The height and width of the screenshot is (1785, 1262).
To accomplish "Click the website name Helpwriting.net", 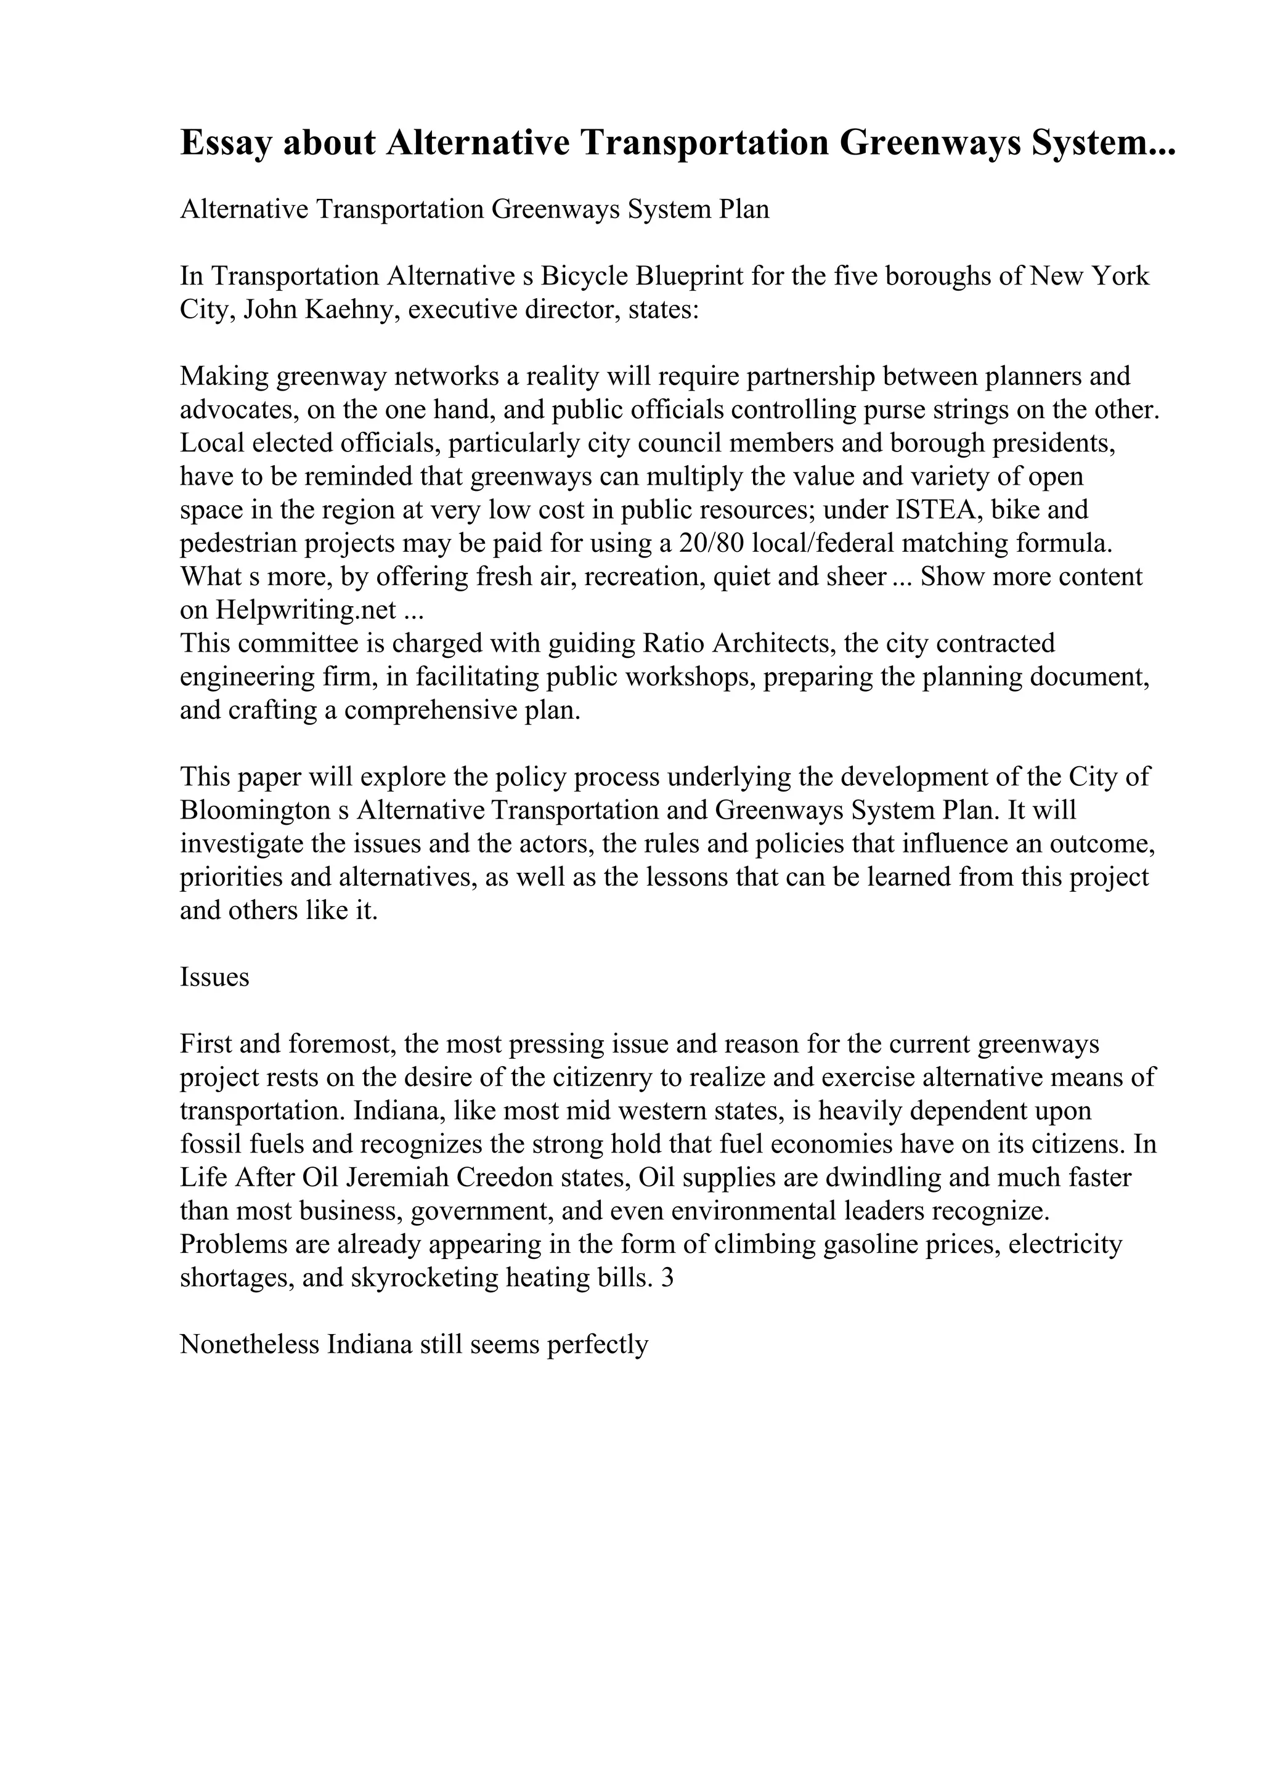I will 306,610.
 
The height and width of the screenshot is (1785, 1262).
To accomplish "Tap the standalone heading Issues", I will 214,977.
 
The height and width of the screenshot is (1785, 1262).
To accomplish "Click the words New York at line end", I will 1089,276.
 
